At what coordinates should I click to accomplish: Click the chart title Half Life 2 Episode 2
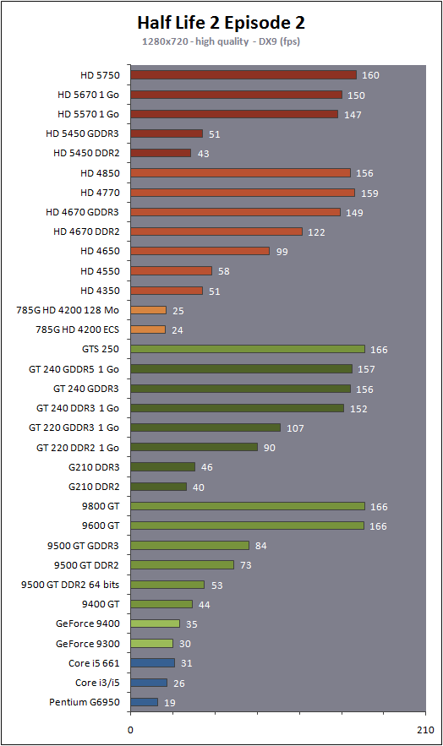point(221,22)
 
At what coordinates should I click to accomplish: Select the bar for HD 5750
point(243,75)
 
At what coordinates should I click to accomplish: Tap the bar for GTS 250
point(248,349)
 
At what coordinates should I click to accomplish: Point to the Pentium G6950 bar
point(144,702)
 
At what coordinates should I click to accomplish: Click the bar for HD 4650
point(200,251)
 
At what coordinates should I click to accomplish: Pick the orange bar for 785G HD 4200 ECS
point(148,329)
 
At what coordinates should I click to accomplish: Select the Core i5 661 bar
point(152,662)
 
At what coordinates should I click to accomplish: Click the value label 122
point(316,232)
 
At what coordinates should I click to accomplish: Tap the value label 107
point(295,428)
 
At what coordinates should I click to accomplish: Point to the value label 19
point(170,703)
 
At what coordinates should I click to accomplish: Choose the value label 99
point(282,252)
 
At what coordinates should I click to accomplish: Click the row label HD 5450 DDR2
point(86,153)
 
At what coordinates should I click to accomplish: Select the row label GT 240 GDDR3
point(86,389)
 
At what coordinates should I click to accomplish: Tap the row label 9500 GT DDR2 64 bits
point(70,585)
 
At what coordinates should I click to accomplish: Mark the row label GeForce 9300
point(88,644)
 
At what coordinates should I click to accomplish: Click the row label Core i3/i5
point(97,683)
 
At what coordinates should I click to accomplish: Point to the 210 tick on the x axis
point(425,730)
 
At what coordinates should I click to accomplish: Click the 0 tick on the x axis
point(130,730)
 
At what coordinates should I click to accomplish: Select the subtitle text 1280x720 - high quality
point(195,41)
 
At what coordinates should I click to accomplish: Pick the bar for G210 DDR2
point(158,487)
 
